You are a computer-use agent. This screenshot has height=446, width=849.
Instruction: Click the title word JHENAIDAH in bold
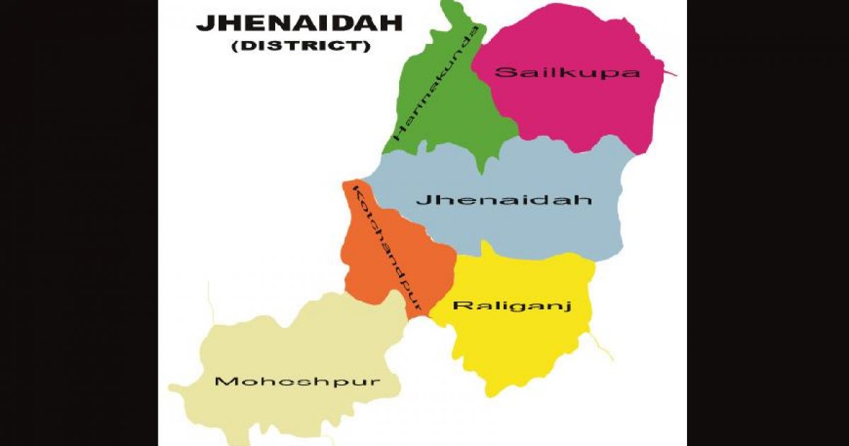click(299, 23)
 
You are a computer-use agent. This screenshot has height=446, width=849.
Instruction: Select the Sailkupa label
click(567, 72)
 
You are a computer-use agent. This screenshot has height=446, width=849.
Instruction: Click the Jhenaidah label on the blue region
click(503, 200)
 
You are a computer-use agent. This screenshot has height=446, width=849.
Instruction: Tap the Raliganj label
click(512, 306)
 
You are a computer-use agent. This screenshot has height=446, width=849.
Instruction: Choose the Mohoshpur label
click(297, 382)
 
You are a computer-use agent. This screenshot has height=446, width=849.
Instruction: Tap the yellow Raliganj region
click(524, 347)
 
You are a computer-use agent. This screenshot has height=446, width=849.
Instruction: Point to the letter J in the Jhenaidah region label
click(420, 200)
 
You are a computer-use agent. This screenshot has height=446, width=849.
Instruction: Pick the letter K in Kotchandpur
click(357, 193)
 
